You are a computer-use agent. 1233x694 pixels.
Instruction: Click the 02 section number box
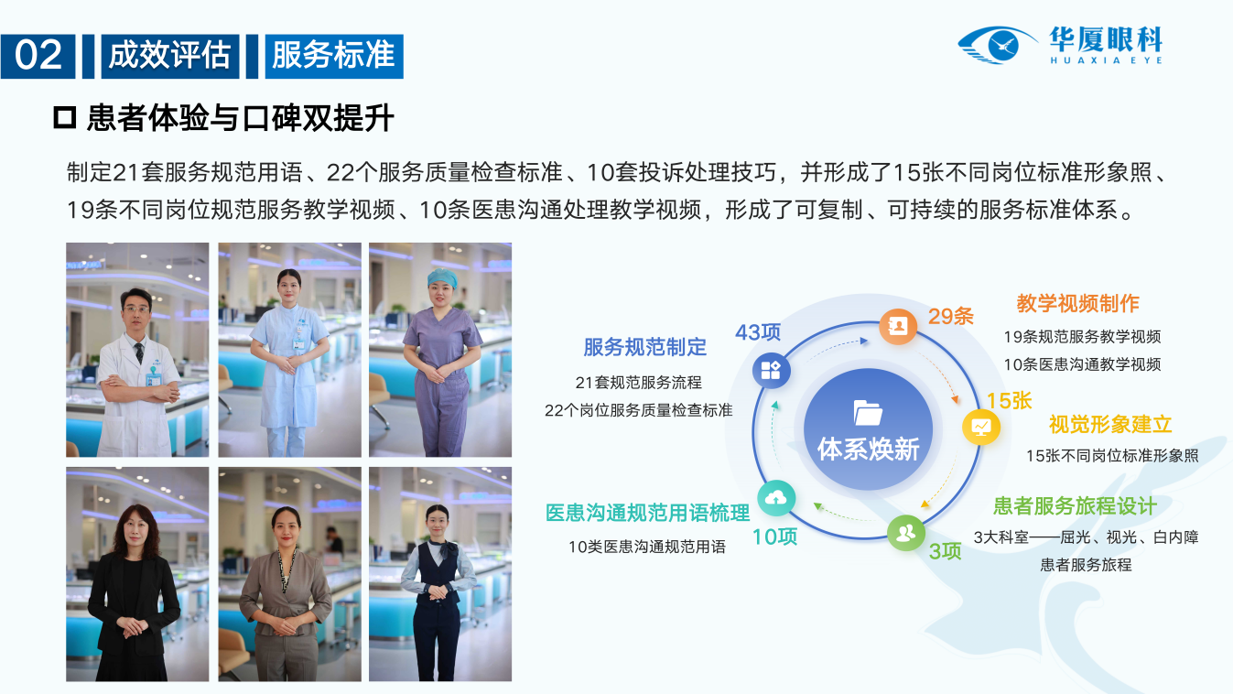pyautogui.click(x=38, y=56)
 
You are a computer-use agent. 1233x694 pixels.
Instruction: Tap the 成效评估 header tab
pyautogui.click(x=170, y=56)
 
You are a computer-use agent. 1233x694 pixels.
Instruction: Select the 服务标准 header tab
pyautogui.click(x=334, y=56)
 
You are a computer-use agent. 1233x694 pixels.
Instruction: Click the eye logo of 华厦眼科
pyautogui.click(x=997, y=45)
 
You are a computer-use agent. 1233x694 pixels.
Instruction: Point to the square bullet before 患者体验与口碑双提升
pyautogui.click(x=64, y=118)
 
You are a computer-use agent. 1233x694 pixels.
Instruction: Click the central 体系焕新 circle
pyautogui.click(x=868, y=429)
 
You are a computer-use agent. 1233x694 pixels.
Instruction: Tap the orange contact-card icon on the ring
pyautogui.click(x=898, y=326)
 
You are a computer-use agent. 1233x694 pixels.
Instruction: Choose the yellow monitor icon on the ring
pyautogui.click(x=981, y=427)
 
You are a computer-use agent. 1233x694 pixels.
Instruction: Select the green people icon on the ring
pyautogui.click(x=906, y=533)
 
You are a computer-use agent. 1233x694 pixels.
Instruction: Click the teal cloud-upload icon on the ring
pyautogui.click(x=776, y=498)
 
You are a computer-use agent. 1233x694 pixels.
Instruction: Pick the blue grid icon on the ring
pyautogui.click(x=771, y=371)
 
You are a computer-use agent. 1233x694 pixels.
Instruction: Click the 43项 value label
pyautogui.click(x=758, y=332)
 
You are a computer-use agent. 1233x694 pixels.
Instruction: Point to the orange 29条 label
pyautogui.click(x=951, y=316)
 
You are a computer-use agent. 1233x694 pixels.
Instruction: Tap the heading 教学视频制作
pyautogui.click(x=1077, y=303)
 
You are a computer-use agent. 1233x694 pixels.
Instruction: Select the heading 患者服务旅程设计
pyautogui.click(x=1075, y=505)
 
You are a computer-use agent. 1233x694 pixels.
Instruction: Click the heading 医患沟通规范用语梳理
pyautogui.click(x=647, y=513)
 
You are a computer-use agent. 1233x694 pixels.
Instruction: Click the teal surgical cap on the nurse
pyautogui.click(x=442, y=278)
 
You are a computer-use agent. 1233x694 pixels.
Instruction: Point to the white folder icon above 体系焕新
pyautogui.click(x=868, y=413)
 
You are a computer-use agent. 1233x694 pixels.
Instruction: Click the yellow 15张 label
pyautogui.click(x=1009, y=401)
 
